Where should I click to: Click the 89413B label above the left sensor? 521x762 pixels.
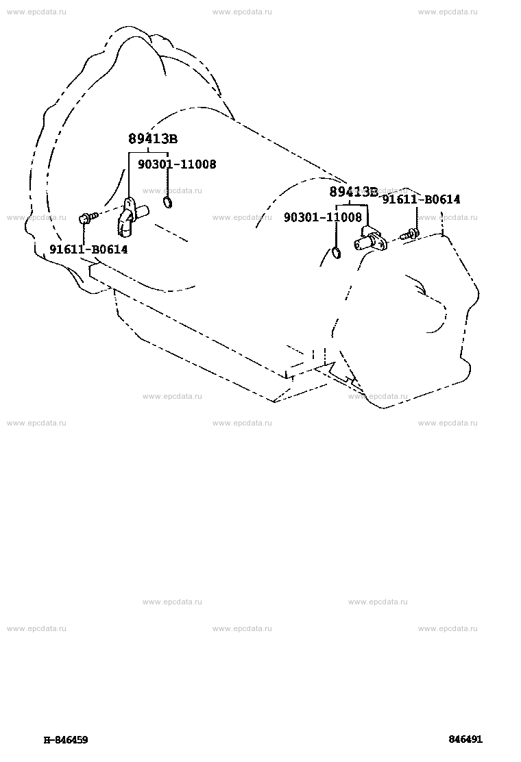[153, 139]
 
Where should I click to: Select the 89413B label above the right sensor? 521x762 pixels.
[354, 191]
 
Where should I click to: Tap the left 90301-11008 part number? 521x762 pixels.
[177, 164]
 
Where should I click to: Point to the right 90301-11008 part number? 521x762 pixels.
[323, 217]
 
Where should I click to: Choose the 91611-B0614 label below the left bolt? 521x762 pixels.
[88, 250]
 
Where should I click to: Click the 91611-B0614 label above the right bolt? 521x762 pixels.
[421, 199]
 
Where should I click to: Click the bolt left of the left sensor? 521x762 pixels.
[88, 218]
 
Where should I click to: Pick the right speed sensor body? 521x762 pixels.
[371, 239]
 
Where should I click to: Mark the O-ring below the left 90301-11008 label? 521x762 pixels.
[167, 203]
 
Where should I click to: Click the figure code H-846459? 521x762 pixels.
[66, 740]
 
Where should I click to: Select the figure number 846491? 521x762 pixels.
[465, 739]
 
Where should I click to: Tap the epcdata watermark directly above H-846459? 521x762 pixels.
[36, 628]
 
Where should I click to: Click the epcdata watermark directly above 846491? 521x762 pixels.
[448, 628]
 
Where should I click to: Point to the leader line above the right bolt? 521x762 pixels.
[417, 217]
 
